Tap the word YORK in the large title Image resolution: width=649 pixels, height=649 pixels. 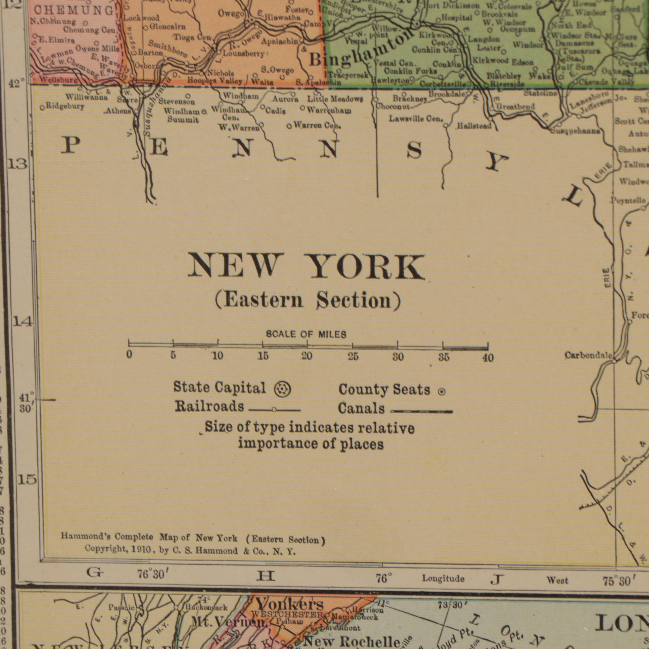pos(367,267)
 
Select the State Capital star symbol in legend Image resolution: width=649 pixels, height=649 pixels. pos(282,390)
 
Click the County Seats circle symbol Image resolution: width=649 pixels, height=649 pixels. pos(442,392)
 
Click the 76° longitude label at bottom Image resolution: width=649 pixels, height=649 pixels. pos(384,578)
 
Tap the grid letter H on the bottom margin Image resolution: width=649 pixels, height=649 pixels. pos(265,576)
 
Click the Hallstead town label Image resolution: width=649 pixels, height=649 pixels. pos(474,126)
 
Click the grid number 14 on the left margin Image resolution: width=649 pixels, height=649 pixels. pos(22,322)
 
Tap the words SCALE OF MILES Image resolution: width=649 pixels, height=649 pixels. pos(306,334)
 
